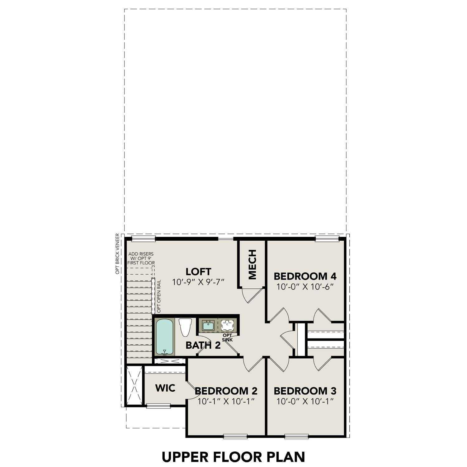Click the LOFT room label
[x=198, y=271]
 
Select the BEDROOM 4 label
[x=305, y=276]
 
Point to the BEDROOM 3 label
[x=305, y=390]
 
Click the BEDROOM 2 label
[x=226, y=390]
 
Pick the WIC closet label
[x=165, y=388]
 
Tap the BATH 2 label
[x=203, y=345]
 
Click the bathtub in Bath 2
[x=165, y=337]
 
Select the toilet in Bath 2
[x=185, y=327]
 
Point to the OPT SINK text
[x=227, y=337]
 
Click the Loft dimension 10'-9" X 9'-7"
[x=198, y=282]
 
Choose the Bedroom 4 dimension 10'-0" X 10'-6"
[x=305, y=287]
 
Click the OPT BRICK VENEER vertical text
[x=117, y=253]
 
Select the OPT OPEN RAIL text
[x=159, y=296]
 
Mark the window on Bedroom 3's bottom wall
[x=297, y=436]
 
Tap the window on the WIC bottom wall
[x=158, y=405]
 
